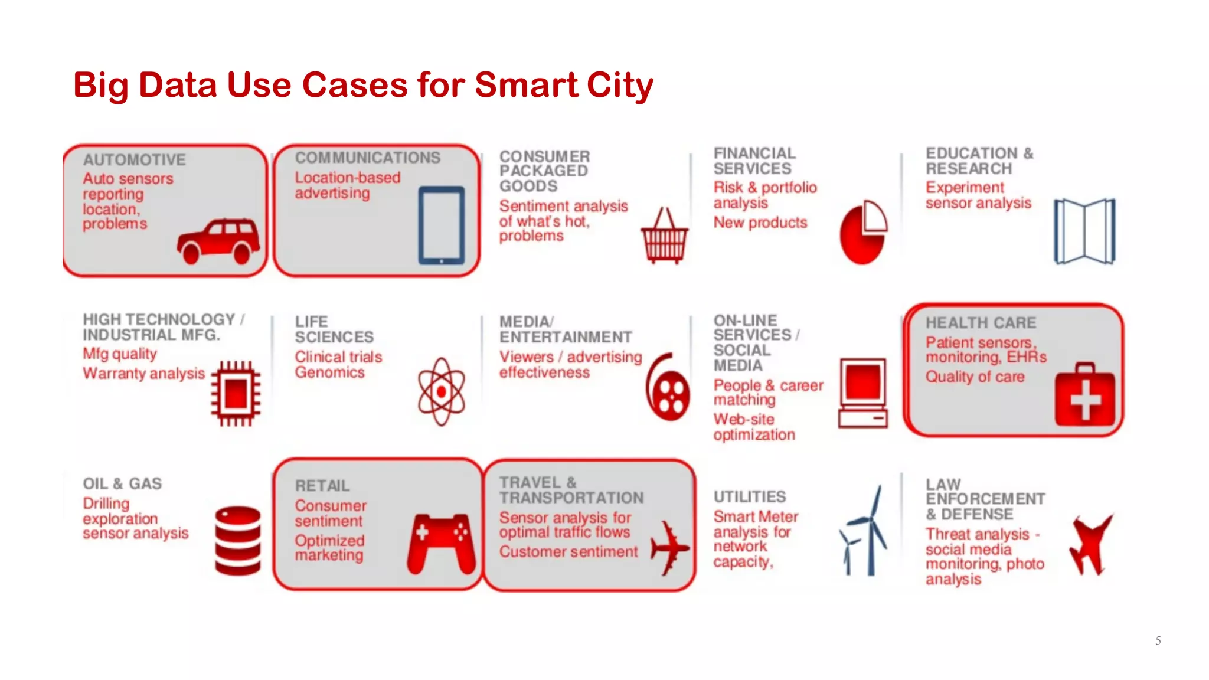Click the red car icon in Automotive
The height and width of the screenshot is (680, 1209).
218,241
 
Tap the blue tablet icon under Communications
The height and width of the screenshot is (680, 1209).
441,225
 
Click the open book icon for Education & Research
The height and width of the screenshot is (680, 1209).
1084,231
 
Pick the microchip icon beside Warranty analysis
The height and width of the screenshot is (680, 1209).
236,393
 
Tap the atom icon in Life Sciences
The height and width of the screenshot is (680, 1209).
441,391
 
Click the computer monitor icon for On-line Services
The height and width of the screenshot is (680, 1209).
863,393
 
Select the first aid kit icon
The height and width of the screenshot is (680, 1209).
1084,395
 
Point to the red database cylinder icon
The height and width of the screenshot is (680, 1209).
237,540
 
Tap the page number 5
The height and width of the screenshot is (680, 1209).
1158,640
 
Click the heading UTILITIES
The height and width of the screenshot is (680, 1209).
749,497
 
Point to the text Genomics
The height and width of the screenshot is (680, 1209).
329,372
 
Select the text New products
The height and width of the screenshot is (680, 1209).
760,223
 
